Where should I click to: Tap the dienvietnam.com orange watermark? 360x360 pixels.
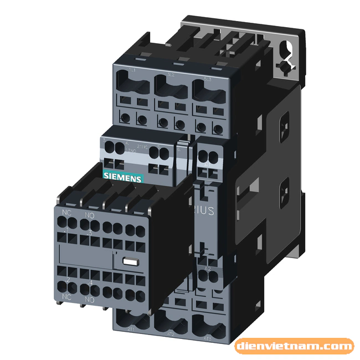(294, 347)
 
